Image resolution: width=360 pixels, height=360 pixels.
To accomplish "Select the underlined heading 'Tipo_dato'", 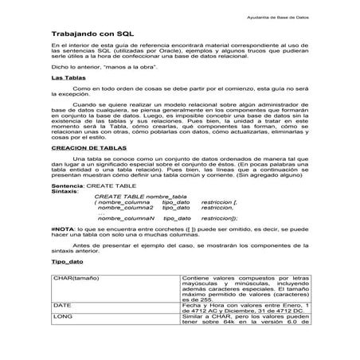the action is click(x=67, y=283).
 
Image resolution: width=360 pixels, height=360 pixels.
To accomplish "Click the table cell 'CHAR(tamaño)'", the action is click(x=76, y=300).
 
